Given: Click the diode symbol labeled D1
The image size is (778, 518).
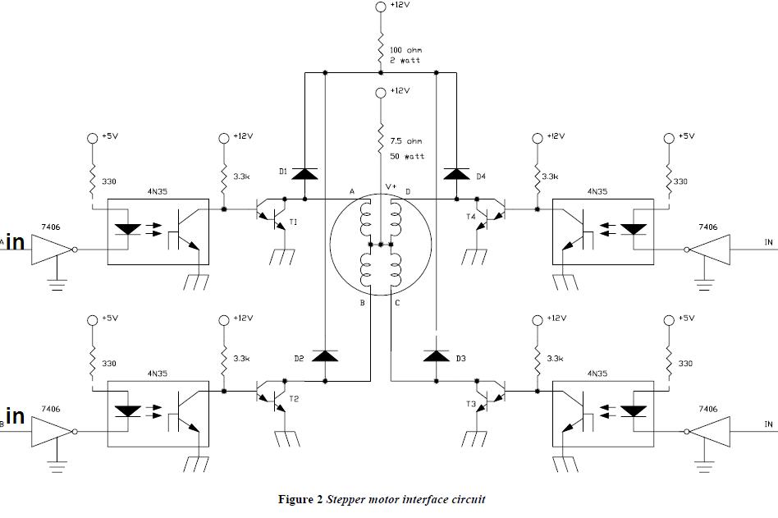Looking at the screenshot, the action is click(x=304, y=174).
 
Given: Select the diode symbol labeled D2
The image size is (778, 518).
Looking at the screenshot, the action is click(x=325, y=355).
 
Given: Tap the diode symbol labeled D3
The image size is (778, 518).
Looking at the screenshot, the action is click(x=436, y=355).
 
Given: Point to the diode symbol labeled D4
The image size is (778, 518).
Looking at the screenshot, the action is click(x=456, y=174).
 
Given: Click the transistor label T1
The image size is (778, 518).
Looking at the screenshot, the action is click(x=293, y=222).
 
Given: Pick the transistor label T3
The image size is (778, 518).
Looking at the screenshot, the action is click(x=471, y=404).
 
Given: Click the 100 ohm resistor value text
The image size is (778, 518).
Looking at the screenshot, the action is click(x=406, y=50).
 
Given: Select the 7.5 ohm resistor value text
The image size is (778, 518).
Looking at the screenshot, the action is click(x=406, y=141).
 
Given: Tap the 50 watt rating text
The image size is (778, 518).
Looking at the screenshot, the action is click(x=407, y=156).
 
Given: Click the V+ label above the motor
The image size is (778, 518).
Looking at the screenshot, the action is click(x=391, y=186).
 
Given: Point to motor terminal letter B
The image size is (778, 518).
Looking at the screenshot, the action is click(x=362, y=303).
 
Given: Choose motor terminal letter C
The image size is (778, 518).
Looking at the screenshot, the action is click(x=397, y=303).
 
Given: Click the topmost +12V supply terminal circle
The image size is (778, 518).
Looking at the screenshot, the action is click(x=381, y=7).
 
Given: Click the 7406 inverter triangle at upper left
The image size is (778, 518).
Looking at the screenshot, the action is click(x=52, y=250).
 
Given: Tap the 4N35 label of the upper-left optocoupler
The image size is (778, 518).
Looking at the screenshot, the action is click(x=158, y=191).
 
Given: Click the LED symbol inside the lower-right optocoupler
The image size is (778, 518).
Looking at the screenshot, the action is click(x=634, y=411).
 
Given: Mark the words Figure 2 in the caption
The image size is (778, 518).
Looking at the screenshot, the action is click(x=300, y=499).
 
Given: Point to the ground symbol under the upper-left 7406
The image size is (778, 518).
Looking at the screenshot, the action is click(x=57, y=284).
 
